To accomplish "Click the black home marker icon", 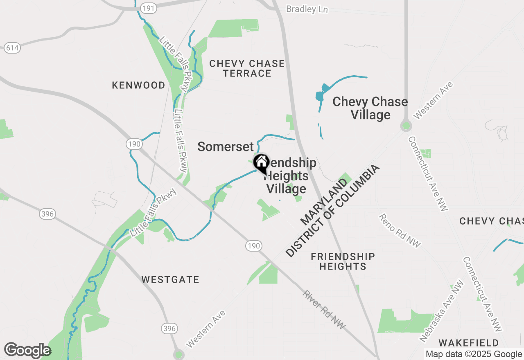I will pyautogui.click(x=261, y=163).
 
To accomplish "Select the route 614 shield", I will pyautogui.click(x=12, y=48).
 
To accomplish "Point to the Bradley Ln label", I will pyautogui.click(x=307, y=9).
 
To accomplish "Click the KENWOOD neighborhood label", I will pyautogui.click(x=139, y=85).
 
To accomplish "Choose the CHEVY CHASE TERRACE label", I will pyautogui.click(x=246, y=68).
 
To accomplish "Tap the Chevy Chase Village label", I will pyautogui.click(x=370, y=108).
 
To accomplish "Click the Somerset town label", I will pyautogui.click(x=226, y=146).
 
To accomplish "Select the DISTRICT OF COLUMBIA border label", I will pyautogui.click(x=332, y=211).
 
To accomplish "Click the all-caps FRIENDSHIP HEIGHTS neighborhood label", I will pyautogui.click(x=343, y=261).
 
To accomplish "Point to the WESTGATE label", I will pyautogui.click(x=170, y=279).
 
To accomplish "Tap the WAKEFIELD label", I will pyautogui.click(x=469, y=342).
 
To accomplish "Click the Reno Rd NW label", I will pyautogui.click(x=399, y=231).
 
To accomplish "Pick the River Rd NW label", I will pyautogui.click(x=325, y=310).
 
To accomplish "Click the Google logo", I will pyautogui.click(x=27, y=351).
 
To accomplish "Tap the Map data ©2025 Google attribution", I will pyautogui.click(x=474, y=354).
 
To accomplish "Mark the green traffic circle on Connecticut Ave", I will pyautogui.click(x=406, y=126).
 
